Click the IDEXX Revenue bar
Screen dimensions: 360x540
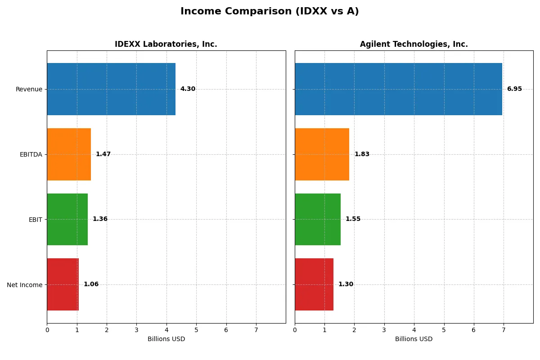[x=111, y=89]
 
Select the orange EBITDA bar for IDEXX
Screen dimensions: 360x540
[x=69, y=154]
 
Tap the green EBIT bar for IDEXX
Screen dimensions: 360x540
[x=67, y=219]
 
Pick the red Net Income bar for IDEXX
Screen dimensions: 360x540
[x=63, y=284]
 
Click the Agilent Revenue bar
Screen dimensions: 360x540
[x=398, y=89]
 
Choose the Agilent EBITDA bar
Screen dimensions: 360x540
[x=322, y=154]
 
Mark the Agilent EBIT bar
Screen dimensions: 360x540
[x=318, y=219]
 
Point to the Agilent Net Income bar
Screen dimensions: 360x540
[x=314, y=284]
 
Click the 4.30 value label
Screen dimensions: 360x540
[x=188, y=89]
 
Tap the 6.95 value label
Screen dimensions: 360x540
[x=514, y=89]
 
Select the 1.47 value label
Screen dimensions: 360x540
[x=103, y=154]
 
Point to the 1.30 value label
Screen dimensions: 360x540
[x=346, y=284]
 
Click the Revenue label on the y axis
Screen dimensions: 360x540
[x=29, y=89]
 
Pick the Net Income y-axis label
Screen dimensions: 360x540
[x=25, y=284]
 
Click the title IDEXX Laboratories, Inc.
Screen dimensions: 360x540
[x=166, y=44]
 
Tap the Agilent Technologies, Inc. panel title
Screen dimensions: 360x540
[x=414, y=44]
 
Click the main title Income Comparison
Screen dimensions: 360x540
[x=270, y=11]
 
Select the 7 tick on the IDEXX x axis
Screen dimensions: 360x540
[x=256, y=330]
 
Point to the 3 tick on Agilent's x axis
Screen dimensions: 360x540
[x=384, y=330]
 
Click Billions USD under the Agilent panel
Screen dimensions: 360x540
[x=414, y=339]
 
